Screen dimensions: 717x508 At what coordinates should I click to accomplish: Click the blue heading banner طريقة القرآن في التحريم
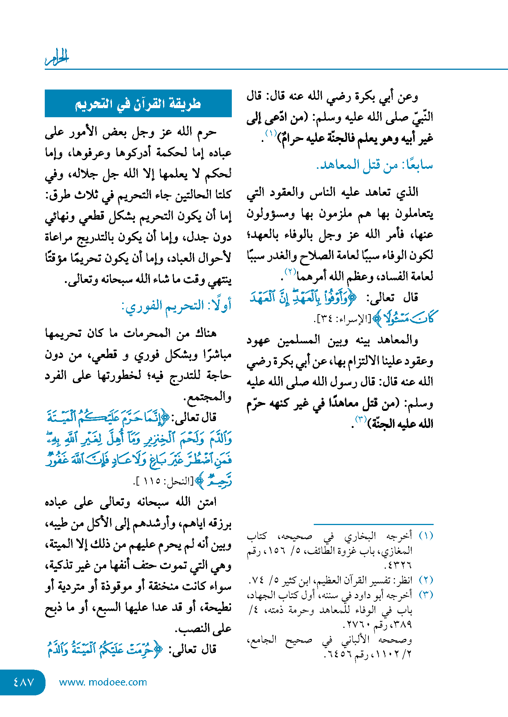(x=138, y=104)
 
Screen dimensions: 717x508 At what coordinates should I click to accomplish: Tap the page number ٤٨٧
(x=24, y=682)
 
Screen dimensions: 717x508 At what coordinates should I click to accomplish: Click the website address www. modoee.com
(x=103, y=682)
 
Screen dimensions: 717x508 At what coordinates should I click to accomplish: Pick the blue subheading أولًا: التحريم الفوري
(x=176, y=306)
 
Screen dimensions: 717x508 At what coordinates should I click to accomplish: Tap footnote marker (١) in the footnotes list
(x=426, y=536)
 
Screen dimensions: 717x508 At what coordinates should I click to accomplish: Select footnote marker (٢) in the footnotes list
(x=426, y=580)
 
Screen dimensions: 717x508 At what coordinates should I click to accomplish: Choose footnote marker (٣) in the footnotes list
(x=426, y=594)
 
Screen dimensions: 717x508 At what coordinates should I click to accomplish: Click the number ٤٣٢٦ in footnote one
(x=398, y=565)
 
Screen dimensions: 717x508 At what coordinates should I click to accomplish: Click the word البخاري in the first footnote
(x=360, y=536)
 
